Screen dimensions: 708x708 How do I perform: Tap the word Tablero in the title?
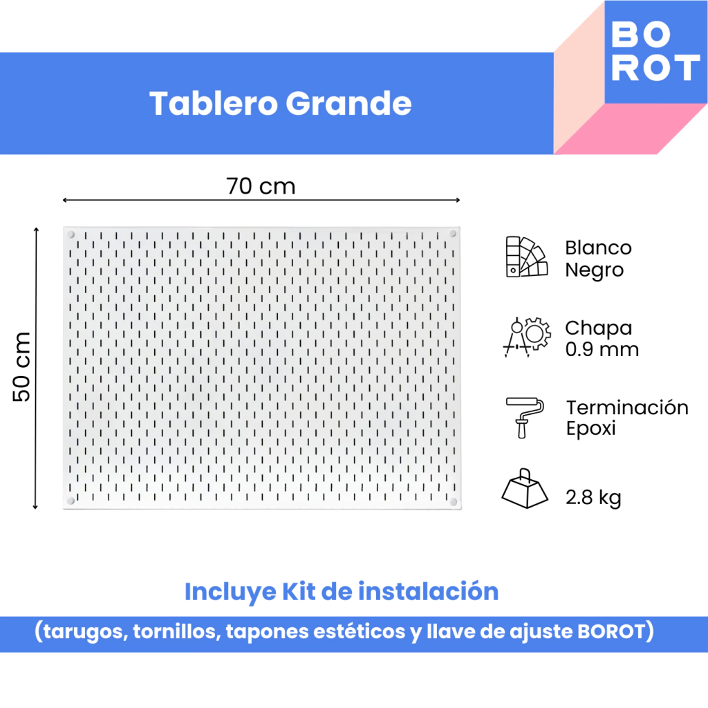[x=214, y=104]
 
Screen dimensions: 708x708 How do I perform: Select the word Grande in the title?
[x=348, y=104]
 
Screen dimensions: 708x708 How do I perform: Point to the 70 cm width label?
[x=261, y=186]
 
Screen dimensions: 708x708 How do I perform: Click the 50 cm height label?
[x=21, y=366]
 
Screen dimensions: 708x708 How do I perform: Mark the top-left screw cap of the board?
[x=71, y=234]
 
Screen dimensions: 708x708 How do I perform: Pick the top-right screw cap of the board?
[x=453, y=234]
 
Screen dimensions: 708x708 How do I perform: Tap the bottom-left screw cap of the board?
[x=71, y=501]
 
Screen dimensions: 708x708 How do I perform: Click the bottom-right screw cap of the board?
[x=454, y=502]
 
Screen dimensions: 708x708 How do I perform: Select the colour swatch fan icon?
[x=526, y=257]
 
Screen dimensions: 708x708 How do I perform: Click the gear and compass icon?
[x=527, y=337]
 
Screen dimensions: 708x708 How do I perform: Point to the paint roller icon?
[x=525, y=418]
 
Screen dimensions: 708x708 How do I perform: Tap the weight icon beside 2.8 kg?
[x=525, y=488]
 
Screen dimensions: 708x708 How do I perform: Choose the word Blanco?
[x=598, y=248]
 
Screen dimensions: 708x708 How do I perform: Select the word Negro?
[x=594, y=270]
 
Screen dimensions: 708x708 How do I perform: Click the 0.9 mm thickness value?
[x=602, y=349]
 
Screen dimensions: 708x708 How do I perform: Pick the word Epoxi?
[x=590, y=428]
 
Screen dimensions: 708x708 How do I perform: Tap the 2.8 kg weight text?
[x=593, y=498]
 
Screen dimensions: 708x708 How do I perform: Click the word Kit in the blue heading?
[x=299, y=592]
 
